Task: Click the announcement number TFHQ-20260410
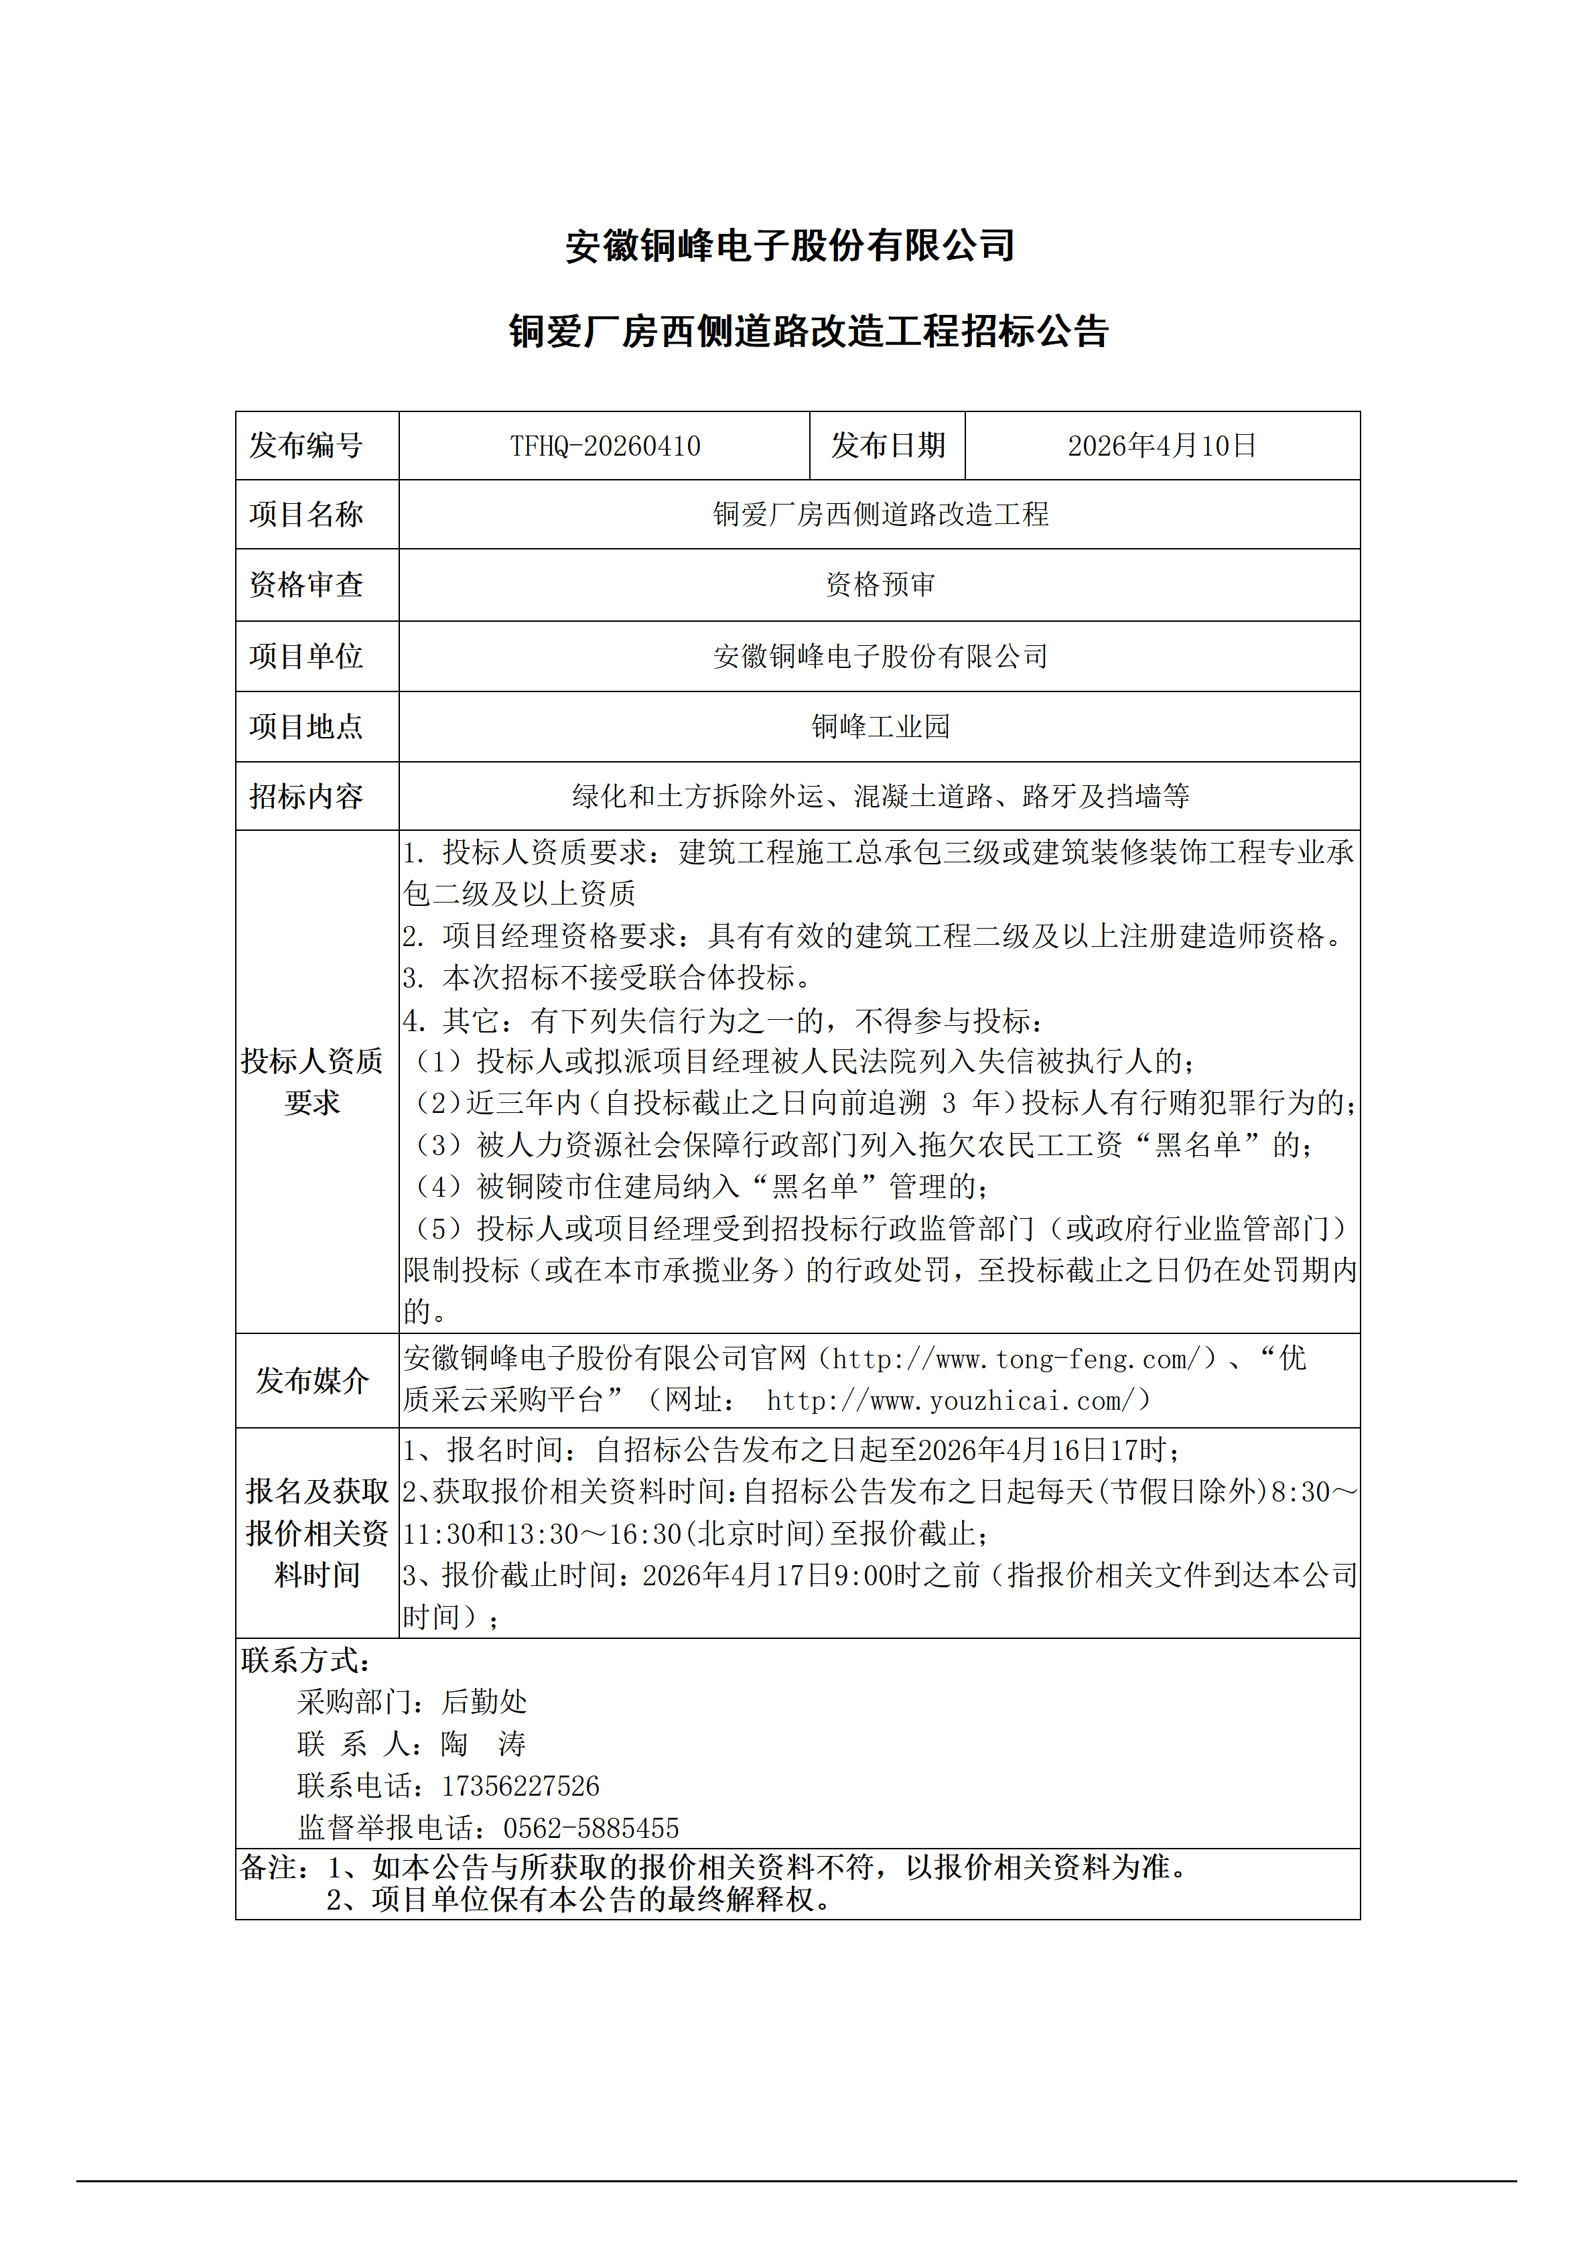click(x=605, y=446)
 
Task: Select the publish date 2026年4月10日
click(x=1162, y=446)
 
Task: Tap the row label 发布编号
click(x=305, y=446)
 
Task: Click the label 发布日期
click(x=888, y=446)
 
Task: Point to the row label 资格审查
click(x=305, y=585)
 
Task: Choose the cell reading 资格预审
click(x=880, y=585)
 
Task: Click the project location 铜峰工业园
click(x=880, y=726)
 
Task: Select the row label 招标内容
click(x=305, y=796)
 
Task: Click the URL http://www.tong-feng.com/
click(x=1016, y=1359)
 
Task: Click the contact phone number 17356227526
click(x=521, y=1786)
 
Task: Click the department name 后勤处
click(x=484, y=1702)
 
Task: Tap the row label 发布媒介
click(x=312, y=1380)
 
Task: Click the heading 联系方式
click(x=305, y=1660)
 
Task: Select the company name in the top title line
click(x=790, y=246)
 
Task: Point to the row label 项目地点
click(x=305, y=726)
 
